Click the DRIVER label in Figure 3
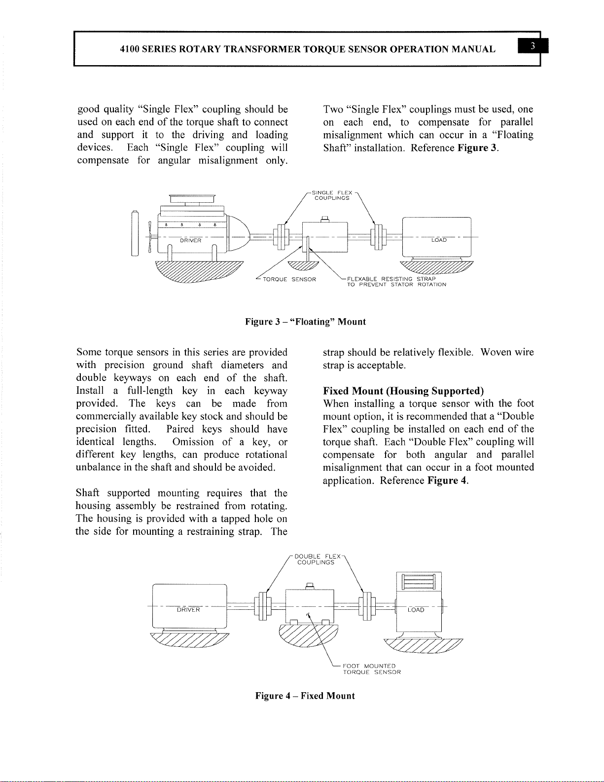point(190,241)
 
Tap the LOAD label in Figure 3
point(439,240)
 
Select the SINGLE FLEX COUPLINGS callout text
point(333,195)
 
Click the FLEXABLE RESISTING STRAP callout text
point(396,282)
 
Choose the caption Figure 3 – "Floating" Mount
point(305,322)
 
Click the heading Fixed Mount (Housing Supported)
point(403,391)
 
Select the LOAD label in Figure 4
point(416,610)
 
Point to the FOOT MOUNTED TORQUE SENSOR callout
point(371,669)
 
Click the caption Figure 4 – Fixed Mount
point(305,696)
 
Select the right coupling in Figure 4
point(367,606)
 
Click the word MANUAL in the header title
point(473,49)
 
